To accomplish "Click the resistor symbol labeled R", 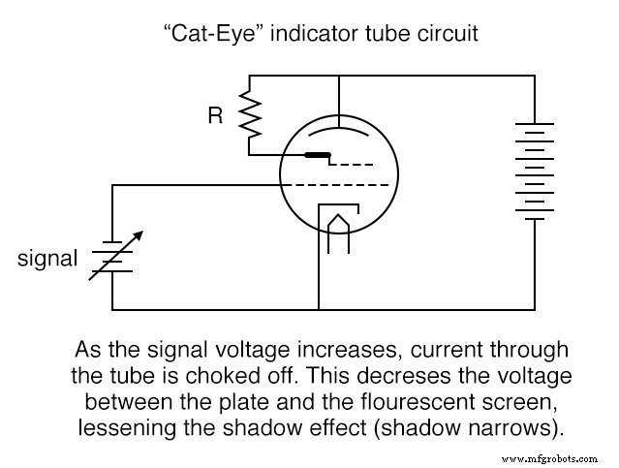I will (x=250, y=116).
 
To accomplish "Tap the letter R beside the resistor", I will (x=216, y=117).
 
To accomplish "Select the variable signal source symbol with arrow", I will (x=112, y=255).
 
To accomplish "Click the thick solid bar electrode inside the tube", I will (x=316, y=155).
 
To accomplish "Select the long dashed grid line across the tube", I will (x=338, y=184).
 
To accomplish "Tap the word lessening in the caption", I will (x=114, y=421).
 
